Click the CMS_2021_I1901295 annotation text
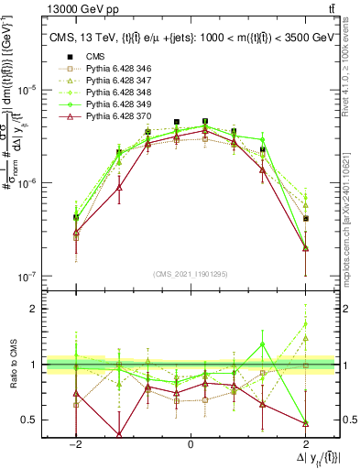[190, 275]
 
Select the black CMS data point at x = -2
[76, 217]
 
